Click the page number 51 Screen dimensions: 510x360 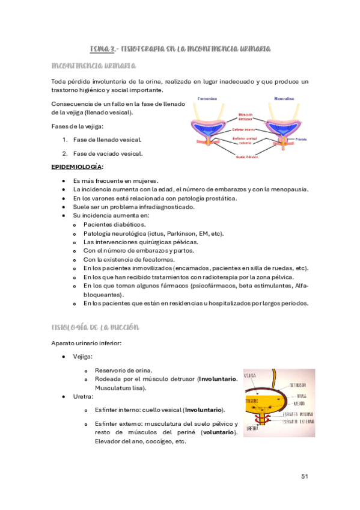pos(304,476)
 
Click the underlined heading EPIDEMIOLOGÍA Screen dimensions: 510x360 pos(77,167)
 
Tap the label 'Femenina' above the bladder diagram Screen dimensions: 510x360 pos(208,98)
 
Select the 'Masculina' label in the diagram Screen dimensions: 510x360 pos(282,98)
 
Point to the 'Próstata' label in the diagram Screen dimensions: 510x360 pos(301,139)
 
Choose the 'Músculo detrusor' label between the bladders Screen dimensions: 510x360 pos(245,115)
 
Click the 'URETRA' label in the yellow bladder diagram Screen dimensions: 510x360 pos(253,429)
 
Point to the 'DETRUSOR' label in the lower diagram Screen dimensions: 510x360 pos(299,386)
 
